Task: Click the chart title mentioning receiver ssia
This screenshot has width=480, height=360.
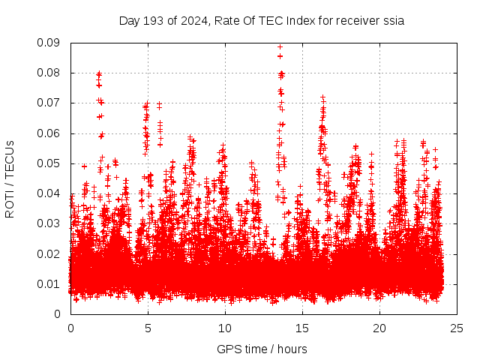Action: (x=262, y=20)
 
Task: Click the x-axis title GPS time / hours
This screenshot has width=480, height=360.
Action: (x=262, y=349)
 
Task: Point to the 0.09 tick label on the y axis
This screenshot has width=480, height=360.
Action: (x=49, y=43)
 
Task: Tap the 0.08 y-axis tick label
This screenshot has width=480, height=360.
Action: (x=49, y=73)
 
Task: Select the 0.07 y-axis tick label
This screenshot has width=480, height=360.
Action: (x=49, y=103)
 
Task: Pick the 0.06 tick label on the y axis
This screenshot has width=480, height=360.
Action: (x=49, y=133)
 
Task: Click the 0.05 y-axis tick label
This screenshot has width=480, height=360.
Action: (x=49, y=163)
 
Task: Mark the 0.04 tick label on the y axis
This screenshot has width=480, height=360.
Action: (x=49, y=193)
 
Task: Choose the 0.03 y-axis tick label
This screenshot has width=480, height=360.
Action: (x=49, y=223)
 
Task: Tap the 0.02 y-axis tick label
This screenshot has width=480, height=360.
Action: (x=49, y=253)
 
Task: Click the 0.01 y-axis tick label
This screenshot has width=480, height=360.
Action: (x=49, y=283)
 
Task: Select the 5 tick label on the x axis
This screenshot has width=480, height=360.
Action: (x=148, y=328)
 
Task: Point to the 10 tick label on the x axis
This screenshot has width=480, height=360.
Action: (x=225, y=328)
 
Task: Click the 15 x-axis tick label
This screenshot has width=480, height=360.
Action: (x=302, y=328)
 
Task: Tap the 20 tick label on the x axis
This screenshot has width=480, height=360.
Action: (x=379, y=328)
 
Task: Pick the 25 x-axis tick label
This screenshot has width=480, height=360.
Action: (x=457, y=328)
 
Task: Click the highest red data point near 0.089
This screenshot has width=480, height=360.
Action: (x=280, y=46)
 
